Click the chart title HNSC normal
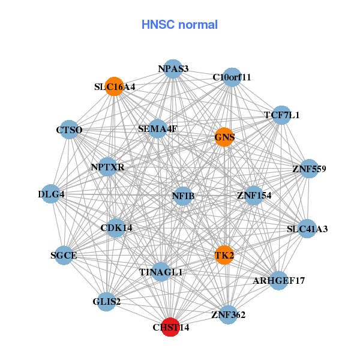pos(179,25)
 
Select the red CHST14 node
pos(170,327)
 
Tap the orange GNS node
pos(224,137)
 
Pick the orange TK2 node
pos(224,255)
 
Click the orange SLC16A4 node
pos(114,86)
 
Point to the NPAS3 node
pos(173,68)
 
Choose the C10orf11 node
pos(232,77)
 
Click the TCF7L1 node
pos(281,115)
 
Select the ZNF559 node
pos(309,169)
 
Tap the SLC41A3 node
pos(307,229)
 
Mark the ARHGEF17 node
pos(278,280)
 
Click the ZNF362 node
pos(228,314)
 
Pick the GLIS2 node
pos(107,301)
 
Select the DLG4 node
pos(51,194)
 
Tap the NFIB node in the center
pos(183,196)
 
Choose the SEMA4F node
pos(157,128)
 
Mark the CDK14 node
pos(116,227)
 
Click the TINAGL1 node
pos(160,272)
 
